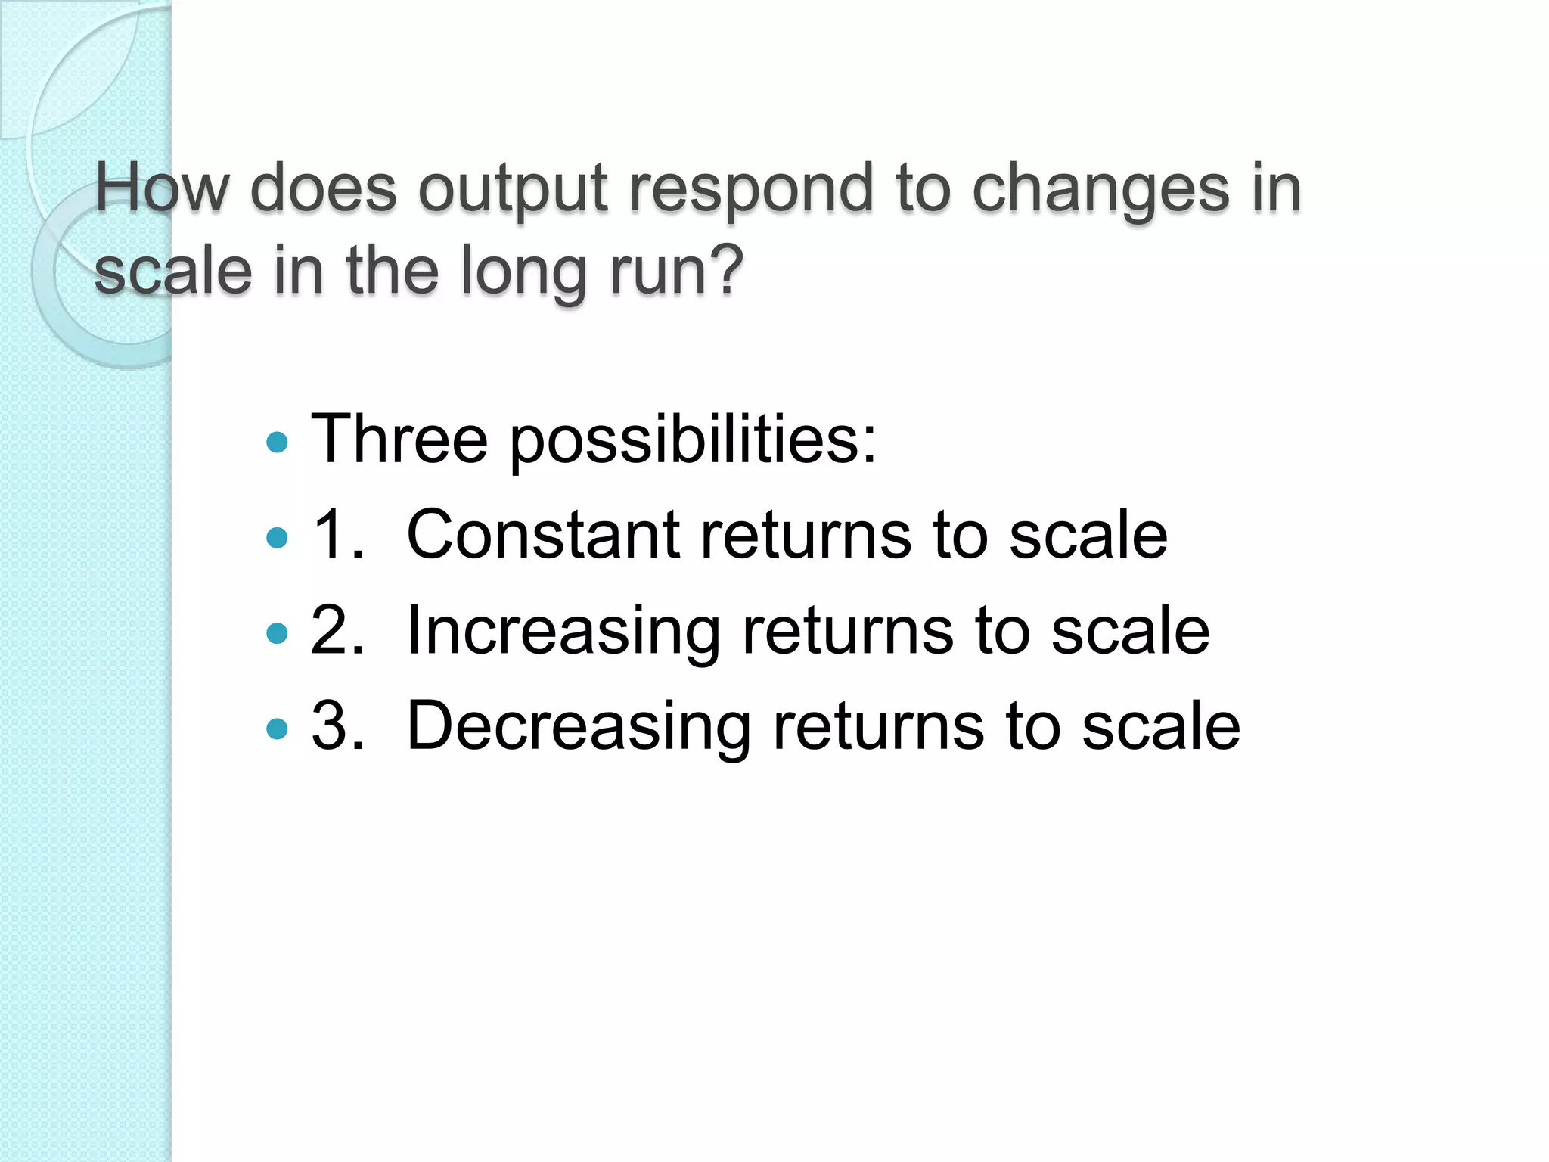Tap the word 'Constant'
pyautogui.click(x=543, y=534)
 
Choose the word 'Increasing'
pyautogui.click(x=563, y=632)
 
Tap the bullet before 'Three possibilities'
pyautogui.click(x=278, y=442)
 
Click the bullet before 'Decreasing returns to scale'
pyautogui.click(x=278, y=729)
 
